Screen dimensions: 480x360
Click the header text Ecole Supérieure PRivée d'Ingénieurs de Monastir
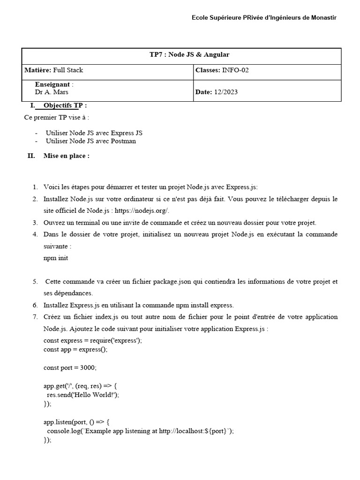tap(264, 18)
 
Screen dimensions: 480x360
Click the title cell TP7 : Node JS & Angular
tap(189, 55)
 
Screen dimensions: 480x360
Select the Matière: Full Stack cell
tap(54, 70)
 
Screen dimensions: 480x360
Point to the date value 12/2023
tap(226, 92)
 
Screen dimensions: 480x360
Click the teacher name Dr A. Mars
tap(52, 92)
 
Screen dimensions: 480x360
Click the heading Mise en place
tap(66, 156)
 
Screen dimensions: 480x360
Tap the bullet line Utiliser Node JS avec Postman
tap(91, 141)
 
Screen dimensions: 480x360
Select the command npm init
tap(52, 258)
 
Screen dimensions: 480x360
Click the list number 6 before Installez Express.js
tap(35, 305)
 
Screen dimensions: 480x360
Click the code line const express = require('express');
tap(92, 341)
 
